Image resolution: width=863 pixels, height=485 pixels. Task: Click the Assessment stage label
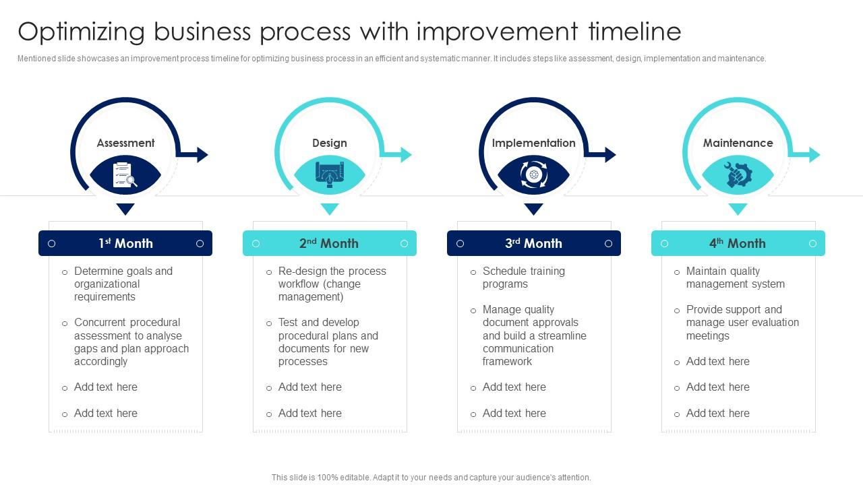tap(125, 143)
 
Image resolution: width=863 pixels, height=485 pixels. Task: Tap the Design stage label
tap(330, 143)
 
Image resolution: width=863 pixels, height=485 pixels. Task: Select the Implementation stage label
tap(533, 143)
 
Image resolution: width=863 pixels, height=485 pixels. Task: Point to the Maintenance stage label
tap(738, 143)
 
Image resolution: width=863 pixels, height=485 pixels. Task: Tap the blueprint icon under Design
tap(330, 175)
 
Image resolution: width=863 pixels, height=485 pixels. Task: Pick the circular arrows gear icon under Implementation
tap(533, 175)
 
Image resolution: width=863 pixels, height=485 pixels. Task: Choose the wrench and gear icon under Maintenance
tap(738, 175)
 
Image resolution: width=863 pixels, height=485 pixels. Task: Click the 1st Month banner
tap(125, 243)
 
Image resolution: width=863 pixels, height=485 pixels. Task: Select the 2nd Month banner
tap(330, 243)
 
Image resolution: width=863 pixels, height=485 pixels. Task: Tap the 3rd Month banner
tap(533, 243)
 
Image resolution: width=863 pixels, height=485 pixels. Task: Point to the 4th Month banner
tap(738, 243)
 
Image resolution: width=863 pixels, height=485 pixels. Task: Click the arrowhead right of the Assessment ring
tap(202, 155)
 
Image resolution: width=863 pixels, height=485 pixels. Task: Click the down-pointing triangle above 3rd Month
tap(533, 209)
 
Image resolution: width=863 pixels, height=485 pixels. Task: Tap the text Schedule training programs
tap(523, 278)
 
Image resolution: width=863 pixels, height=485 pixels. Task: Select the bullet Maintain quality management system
tap(735, 278)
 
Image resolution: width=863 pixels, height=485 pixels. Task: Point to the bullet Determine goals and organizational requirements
tap(123, 284)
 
